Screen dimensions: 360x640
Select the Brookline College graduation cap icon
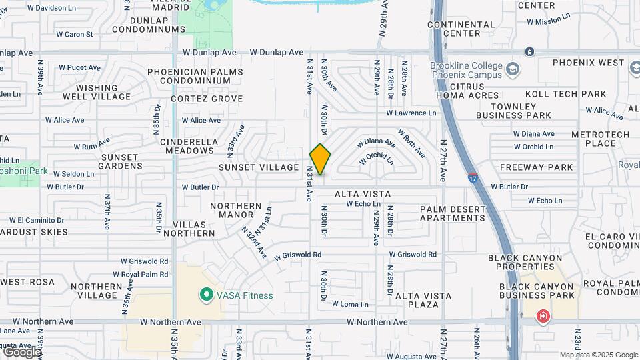pos(513,69)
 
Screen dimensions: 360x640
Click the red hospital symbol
pos(543,315)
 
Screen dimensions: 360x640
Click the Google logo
pos(21,351)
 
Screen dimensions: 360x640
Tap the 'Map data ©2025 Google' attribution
pos(599,355)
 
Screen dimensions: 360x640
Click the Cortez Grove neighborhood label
pos(207,99)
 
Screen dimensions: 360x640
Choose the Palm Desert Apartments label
pos(453,213)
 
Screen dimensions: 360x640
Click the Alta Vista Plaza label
pos(423,300)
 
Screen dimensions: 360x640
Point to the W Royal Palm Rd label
pos(144,274)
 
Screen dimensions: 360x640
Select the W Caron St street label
pos(74,33)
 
